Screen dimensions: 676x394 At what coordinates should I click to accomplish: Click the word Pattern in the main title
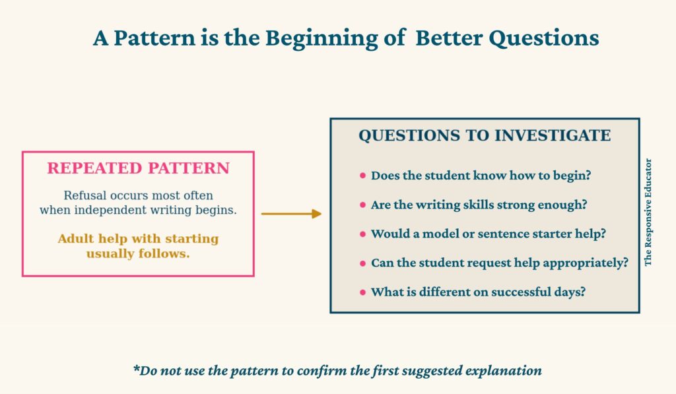coord(154,38)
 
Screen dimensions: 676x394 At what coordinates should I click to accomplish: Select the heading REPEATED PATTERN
coord(139,168)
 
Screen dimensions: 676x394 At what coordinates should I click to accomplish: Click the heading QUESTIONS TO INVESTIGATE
coord(485,135)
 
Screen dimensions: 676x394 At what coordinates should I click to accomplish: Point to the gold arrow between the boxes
coord(291,214)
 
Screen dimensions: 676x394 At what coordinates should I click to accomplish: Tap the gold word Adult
coord(76,238)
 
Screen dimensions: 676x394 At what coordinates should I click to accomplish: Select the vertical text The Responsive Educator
coord(648,213)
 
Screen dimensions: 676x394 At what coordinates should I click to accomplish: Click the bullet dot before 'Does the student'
coord(362,176)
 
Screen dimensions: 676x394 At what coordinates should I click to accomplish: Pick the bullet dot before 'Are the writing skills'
coord(362,205)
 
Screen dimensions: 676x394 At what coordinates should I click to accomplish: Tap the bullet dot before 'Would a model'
coord(362,234)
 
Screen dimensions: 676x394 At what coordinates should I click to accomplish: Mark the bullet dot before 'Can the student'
coord(362,263)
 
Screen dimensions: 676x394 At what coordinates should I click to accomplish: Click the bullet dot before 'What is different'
coord(362,292)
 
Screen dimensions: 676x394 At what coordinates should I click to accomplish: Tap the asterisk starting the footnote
coord(137,368)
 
